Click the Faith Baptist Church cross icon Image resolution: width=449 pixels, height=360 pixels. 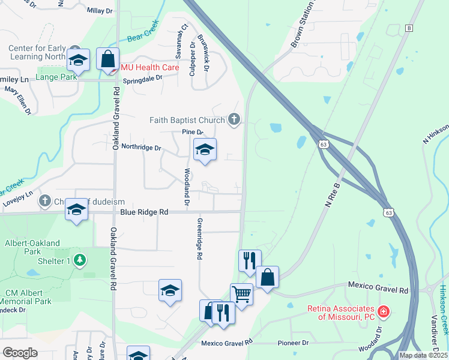234,120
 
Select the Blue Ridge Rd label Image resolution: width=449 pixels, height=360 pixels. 144,212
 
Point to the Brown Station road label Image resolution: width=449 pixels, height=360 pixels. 303,25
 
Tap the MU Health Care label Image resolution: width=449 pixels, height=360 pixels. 150,67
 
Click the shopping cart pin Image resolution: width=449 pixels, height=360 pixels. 241,295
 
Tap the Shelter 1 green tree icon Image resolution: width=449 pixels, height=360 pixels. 79,260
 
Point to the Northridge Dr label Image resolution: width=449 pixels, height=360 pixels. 142,148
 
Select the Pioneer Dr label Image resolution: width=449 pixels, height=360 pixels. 293,343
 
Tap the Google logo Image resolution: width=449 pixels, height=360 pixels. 20,353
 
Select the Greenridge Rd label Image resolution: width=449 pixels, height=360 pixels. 199,238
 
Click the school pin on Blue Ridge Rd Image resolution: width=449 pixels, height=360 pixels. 76,209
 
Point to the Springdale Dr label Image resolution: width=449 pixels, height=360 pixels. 143,79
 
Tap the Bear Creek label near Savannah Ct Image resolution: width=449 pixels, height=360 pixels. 142,33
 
